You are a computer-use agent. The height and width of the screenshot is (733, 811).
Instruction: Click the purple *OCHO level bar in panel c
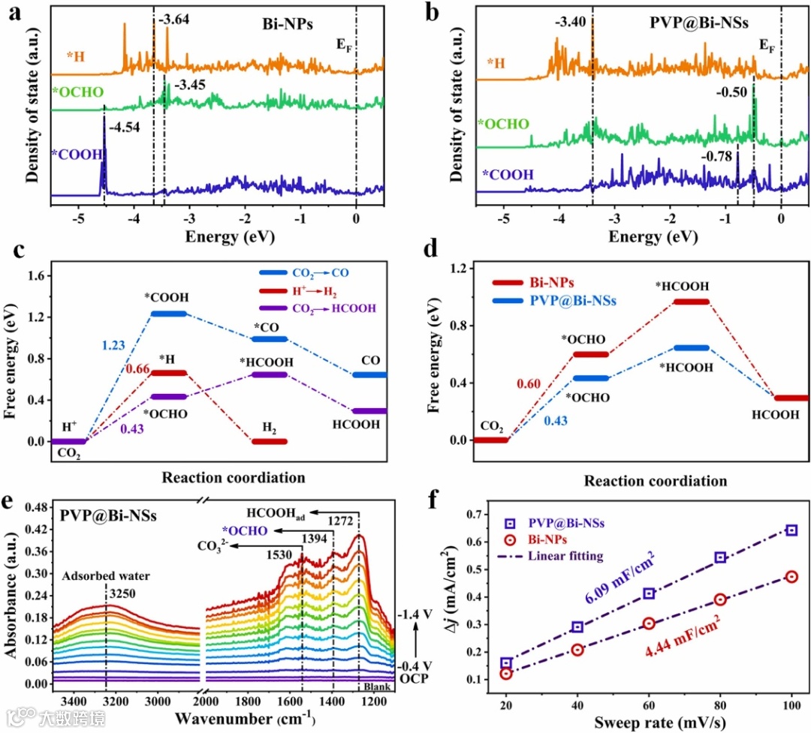(168, 397)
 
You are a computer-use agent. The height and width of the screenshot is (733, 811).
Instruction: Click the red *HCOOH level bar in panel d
(691, 302)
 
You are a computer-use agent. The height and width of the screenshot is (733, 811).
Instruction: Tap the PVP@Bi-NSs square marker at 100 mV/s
(791, 530)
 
